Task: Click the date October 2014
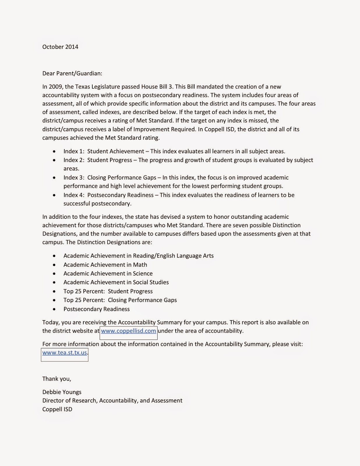(60, 47)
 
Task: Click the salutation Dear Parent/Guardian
(72, 73)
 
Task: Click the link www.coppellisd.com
(128, 331)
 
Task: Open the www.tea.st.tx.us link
(65, 353)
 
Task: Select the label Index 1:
(74, 151)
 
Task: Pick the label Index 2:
(74, 160)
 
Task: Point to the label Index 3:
(74, 178)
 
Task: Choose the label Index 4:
(74, 195)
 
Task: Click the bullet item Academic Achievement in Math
(105, 265)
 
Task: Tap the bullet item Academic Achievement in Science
(108, 273)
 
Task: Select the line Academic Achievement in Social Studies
(116, 282)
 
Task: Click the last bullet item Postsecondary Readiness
(97, 309)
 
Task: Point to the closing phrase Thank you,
(57, 379)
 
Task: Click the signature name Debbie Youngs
(62, 392)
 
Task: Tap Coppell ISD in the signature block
(57, 409)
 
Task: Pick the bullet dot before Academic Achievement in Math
(54, 265)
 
